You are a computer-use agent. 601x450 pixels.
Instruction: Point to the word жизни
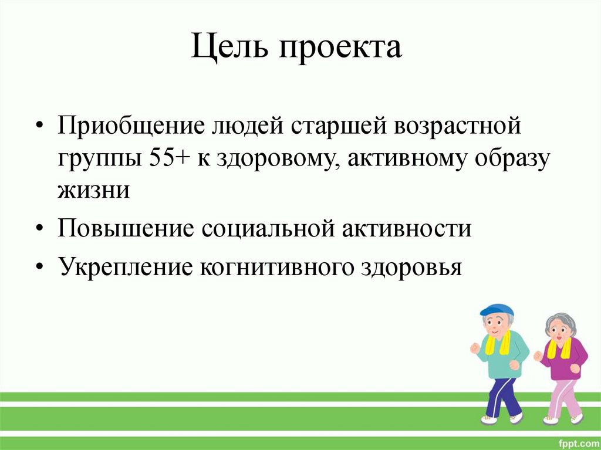click(93, 191)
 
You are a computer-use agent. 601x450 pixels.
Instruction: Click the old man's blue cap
click(496, 310)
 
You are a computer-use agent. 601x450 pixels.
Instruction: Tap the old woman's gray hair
click(561, 321)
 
